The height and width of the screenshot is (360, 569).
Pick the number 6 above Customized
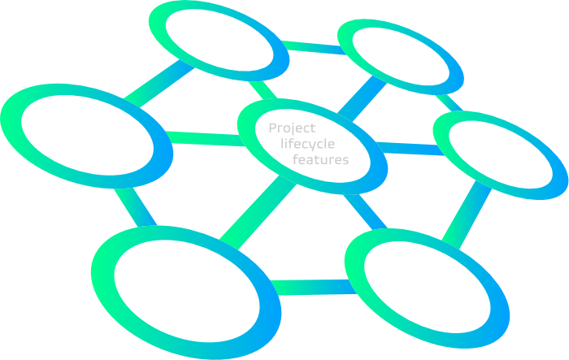180,18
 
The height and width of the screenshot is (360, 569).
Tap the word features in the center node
320,159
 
